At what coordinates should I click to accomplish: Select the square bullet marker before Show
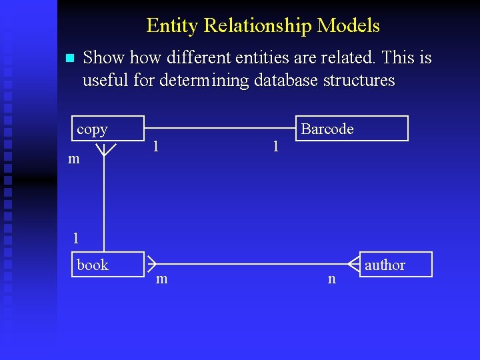coord(69,59)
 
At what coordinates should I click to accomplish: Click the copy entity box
coord(107,129)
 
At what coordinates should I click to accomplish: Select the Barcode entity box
coord(351,129)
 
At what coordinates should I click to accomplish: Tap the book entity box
coord(107,265)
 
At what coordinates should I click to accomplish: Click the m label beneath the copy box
coord(74,159)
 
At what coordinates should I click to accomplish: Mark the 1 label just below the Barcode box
coord(275,145)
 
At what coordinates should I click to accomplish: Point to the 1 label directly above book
coord(76,237)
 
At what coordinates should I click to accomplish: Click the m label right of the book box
coord(161,279)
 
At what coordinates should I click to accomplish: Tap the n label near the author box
coord(331,279)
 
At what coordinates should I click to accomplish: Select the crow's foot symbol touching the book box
coord(151,264)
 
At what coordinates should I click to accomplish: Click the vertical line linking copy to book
coord(103,200)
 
